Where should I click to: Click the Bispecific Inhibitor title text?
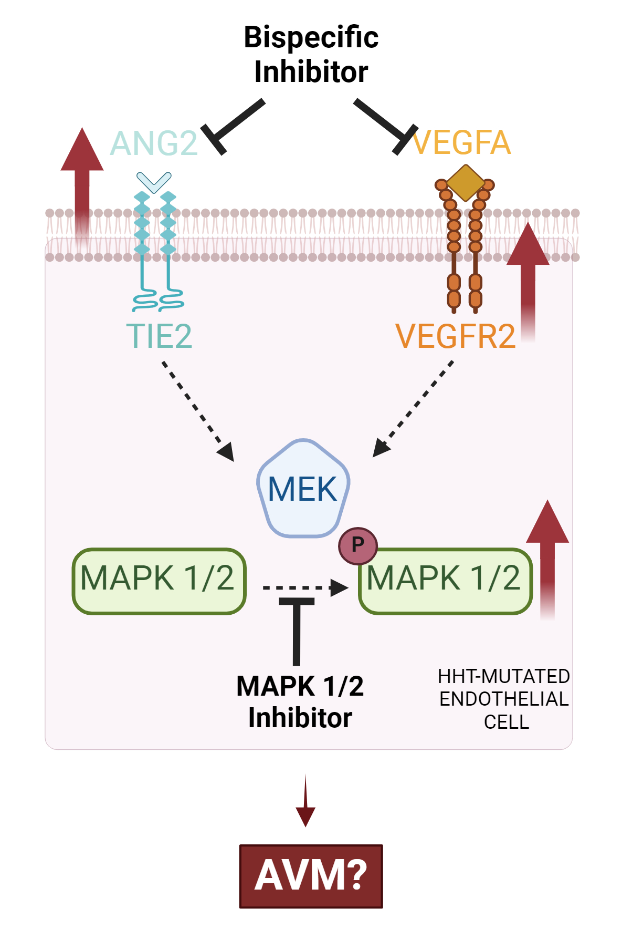pyautogui.click(x=311, y=54)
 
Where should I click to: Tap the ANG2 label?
pyautogui.click(x=154, y=143)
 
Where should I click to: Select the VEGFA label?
pyautogui.click(x=462, y=143)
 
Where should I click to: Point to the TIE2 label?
pyautogui.click(x=159, y=336)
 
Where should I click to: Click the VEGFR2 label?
pyautogui.click(x=455, y=336)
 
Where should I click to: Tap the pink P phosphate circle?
pyautogui.click(x=357, y=545)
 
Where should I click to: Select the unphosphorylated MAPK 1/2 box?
pyautogui.click(x=159, y=581)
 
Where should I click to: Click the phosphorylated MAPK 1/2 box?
pyautogui.click(x=445, y=582)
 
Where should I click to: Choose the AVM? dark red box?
pyautogui.click(x=311, y=876)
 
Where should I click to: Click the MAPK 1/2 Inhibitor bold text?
pyautogui.click(x=300, y=702)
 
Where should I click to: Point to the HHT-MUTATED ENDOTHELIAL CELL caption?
pyautogui.click(x=504, y=699)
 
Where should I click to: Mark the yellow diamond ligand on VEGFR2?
pyautogui.click(x=466, y=183)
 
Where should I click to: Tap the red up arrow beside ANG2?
pyautogui.click(x=82, y=184)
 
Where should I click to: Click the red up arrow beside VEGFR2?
pyautogui.click(x=528, y=278)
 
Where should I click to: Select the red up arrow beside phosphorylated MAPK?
pyautogui.click(x=547, y=557)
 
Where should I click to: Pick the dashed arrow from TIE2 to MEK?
pyautogui.click(x=197, y=410)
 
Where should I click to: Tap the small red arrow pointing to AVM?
pyautogui.click(x=305, y=801)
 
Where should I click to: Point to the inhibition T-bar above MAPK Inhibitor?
pyautogui.click(x=297, y=631)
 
